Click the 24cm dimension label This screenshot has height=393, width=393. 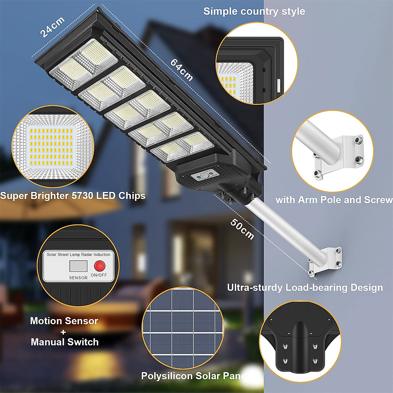tap(52, 27)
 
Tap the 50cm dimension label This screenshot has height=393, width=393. tap(242, 229)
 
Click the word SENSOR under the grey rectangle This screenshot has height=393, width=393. tap(78, 278)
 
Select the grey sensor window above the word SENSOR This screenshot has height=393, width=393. tap(78, 266)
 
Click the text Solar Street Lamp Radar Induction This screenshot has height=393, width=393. tap(79, 254)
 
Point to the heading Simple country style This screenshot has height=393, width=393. tap(254, 11)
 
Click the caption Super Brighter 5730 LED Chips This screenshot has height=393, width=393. tap(73, 196)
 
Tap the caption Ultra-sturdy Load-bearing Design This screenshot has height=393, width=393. tap(305, 288)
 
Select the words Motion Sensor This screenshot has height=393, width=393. tap(64, 321)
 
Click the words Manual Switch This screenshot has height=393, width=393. tap(65, 342)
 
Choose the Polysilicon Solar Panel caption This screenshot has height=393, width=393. tap(195, 376)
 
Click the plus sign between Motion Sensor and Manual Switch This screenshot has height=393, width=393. tap(63, 332)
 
